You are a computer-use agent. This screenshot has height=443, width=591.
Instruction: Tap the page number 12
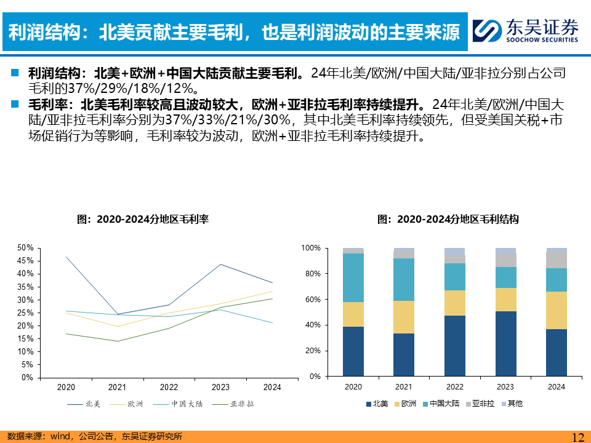point(577,437)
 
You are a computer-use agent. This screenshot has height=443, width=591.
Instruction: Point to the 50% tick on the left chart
point(25,247)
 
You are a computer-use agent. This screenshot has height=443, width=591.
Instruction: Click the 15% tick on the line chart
point(25,338)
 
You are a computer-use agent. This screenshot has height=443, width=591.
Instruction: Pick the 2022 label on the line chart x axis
point(169,387)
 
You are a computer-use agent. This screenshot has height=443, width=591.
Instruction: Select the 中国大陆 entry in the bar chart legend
point(444,404)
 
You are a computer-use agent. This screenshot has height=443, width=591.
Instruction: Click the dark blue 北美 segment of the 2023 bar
point(505,343)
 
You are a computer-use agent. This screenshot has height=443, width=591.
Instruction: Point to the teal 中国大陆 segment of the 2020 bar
point(353,277)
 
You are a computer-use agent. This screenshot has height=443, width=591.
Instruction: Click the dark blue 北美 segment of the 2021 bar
point(404,354)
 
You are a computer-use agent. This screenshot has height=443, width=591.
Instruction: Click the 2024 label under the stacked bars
point(557,387)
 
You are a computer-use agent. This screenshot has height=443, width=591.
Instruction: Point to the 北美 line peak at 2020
point(66,257)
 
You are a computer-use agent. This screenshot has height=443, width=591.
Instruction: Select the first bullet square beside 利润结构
point(14,73)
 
